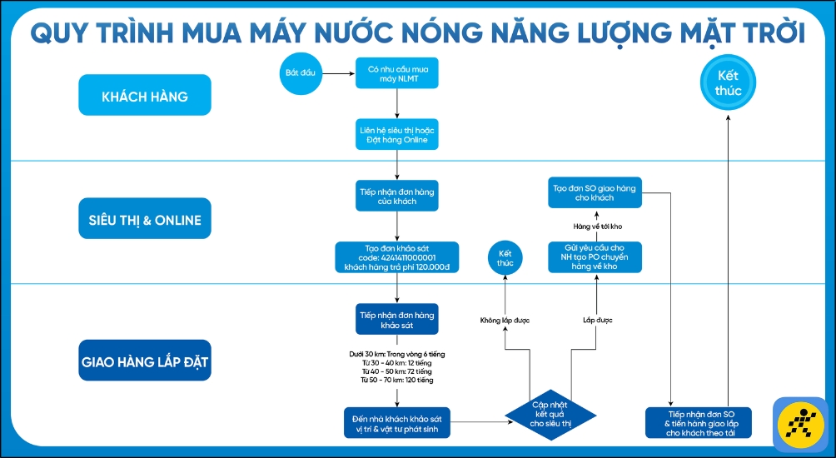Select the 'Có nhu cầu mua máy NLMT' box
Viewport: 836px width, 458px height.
pos(397,73)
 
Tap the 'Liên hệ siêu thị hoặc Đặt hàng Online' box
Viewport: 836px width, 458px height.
pos(397,135)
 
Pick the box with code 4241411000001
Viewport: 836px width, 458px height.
pos(397,257)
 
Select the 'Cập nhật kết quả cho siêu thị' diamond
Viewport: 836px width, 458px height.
pos(550,413)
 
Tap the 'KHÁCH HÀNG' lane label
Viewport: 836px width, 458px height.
pos(145,96)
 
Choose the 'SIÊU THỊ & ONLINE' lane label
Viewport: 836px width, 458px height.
pos(145,220)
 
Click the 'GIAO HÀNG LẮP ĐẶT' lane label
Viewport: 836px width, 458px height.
pos(145,363)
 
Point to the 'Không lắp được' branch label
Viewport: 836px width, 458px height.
pos(505,320)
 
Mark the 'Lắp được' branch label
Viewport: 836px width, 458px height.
pos(597,320)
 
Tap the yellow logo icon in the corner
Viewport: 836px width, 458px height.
pos(799,424)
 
